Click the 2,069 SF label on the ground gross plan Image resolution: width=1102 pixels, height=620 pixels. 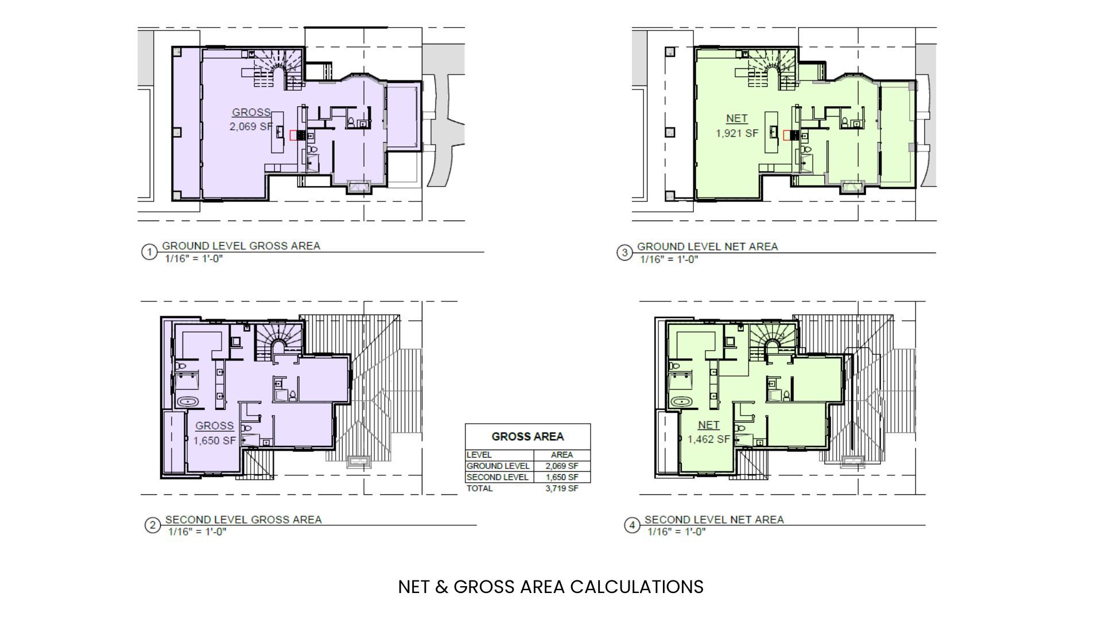pos(251,126)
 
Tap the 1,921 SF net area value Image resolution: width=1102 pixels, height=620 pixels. pos(737,133)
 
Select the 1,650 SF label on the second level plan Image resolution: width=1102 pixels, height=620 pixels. pos(215,441)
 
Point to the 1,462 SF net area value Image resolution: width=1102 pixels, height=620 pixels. pos(709,440)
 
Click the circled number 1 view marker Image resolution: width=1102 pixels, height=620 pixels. pos(149,252)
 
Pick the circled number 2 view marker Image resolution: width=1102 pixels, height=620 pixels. pos(153,525)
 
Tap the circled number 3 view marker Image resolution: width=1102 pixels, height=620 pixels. pos(624,253)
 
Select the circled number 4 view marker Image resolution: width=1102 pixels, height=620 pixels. pos(632,525)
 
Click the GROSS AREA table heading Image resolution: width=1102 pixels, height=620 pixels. pos(527,437)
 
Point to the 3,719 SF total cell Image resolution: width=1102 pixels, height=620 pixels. pos(562,489)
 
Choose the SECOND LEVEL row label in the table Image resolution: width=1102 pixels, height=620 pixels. pos(498,477)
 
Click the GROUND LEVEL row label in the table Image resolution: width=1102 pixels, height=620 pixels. pos(498,466)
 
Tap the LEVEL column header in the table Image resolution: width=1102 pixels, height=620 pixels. pos(479,455)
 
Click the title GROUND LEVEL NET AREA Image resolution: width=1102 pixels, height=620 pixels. pos(708,246)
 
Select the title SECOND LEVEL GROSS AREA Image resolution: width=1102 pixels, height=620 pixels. pos(243,520)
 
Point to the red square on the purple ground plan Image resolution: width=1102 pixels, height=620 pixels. pos(294,135)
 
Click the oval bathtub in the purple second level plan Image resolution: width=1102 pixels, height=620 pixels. pos(188,402)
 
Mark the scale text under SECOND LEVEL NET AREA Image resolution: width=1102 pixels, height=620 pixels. pos(677,532)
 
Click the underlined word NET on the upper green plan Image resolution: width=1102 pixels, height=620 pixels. pos(737,119)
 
